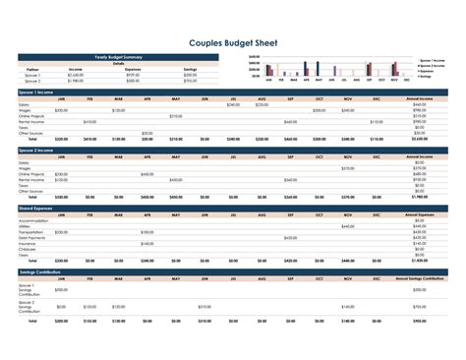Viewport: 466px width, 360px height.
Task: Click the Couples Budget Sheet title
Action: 232,42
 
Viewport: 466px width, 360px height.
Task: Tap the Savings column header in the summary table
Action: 190,69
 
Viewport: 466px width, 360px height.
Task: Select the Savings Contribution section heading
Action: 40,270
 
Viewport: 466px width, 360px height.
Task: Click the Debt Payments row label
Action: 30,237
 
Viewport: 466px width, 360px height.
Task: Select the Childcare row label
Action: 27,248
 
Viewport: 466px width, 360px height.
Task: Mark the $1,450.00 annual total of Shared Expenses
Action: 418,261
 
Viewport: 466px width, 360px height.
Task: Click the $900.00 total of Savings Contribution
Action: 420,320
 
